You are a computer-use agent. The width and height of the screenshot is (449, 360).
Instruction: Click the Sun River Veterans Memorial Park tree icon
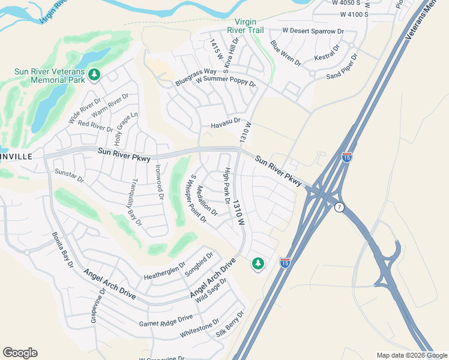(94, 75)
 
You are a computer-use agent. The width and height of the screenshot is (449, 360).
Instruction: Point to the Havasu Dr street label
(225, 125)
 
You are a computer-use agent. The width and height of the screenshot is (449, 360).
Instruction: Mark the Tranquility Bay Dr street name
(136, 202)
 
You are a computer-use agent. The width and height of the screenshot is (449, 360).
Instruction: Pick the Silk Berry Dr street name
(231, 325)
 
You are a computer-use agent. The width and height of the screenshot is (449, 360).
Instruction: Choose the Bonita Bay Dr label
(63, 250)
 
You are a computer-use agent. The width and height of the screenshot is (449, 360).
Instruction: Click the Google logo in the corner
(20, 353)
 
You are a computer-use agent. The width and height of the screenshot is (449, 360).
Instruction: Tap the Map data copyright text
(412, 355)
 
